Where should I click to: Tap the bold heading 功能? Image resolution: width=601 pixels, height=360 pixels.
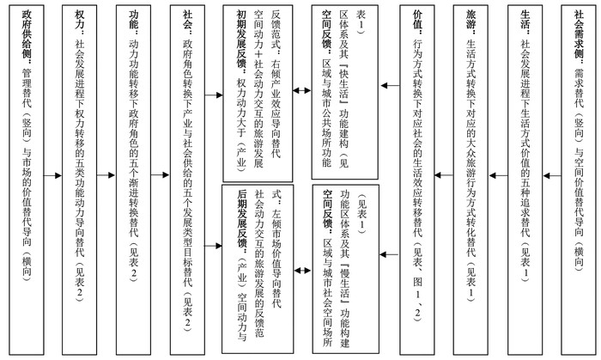[x=134, y=23]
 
